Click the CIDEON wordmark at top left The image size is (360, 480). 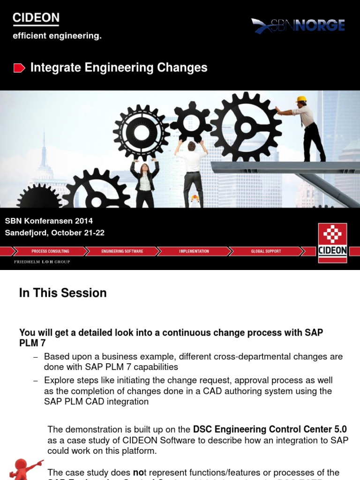click(36, 18)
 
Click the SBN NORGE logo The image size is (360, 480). click(298, 25)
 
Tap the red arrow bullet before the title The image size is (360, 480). click(19, 68)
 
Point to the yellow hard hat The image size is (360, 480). click(301, 99)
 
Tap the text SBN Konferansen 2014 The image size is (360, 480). click(49, 221)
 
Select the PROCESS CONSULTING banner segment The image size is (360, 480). click(50, 252)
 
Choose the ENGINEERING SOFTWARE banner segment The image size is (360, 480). click(122, 252)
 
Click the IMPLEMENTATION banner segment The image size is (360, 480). click(194, 252)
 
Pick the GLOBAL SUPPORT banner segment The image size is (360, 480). click(266, 252)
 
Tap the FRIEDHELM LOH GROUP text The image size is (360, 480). click(42, 262)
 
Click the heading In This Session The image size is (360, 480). click(63, 293)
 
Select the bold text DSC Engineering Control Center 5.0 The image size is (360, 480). click(270, 429)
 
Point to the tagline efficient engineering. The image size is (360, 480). click(57, 36)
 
